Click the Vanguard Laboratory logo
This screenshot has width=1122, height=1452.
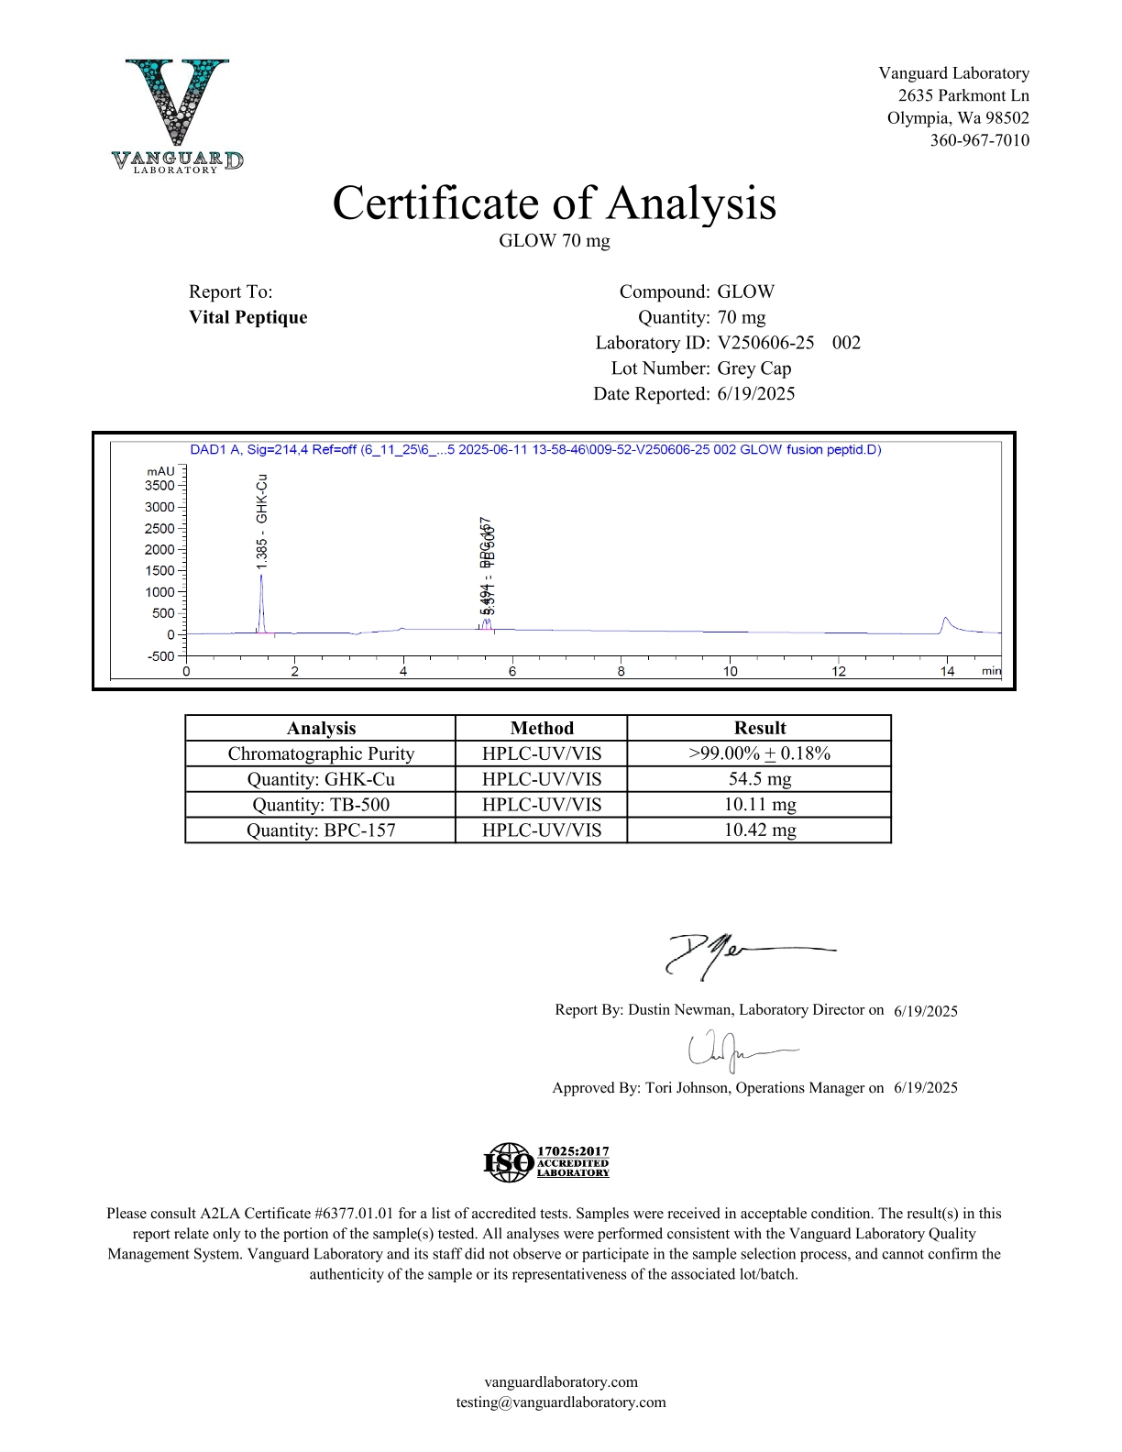click(x=178, y=115)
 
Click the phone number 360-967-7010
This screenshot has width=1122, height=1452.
click(x=979, y=140)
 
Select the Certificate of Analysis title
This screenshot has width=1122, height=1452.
click(x=554, y=203)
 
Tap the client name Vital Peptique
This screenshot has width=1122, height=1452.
click(x=247, y=317)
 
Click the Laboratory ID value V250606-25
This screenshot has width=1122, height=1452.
click(x=765, y=343)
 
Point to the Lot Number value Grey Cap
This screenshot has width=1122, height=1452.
click(x=753, y=368)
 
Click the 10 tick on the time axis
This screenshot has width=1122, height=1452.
click(x=730, y=671)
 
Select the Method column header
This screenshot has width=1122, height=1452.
click(x=541, y=728)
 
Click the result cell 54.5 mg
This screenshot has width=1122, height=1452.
click(x=759, y=779)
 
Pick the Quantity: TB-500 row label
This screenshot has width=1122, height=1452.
click(x=320, y=805)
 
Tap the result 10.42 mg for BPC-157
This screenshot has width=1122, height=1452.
click(x=759, y=830)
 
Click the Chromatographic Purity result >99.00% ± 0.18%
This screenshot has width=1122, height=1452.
click(x=759, y=753)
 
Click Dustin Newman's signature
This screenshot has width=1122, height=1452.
click(x=733, y=953)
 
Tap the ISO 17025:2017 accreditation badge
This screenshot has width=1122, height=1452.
click(x=546, y=1162)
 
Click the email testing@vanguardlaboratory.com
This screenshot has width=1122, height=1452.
click(x=561, y=1402)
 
